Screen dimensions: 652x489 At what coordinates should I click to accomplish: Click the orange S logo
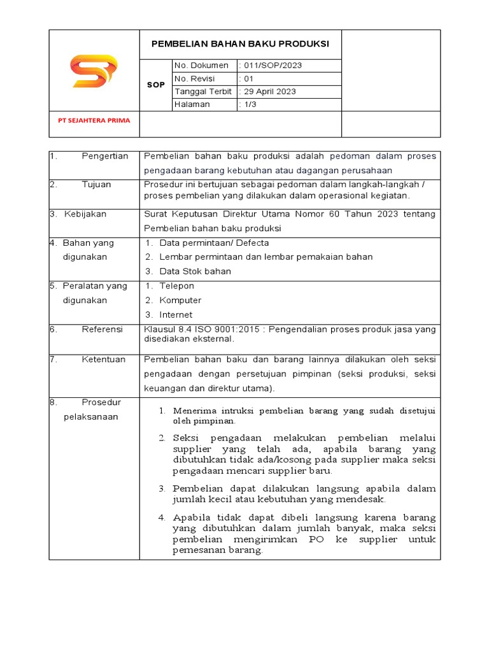94,71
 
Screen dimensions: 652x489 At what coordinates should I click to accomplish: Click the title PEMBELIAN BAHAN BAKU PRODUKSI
240,44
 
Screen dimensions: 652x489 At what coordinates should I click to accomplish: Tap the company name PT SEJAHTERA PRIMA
94,120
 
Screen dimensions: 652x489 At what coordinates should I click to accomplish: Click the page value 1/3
248,104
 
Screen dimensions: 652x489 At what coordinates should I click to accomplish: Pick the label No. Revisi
194,78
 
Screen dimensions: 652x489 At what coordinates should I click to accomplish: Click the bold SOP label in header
155,85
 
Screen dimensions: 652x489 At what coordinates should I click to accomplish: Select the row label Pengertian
105,156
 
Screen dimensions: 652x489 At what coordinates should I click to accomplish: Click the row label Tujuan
96,185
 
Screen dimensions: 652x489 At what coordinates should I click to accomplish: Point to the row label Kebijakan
85,214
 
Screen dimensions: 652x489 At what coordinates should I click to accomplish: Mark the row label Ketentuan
103,360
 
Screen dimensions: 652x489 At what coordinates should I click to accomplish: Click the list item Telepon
176,287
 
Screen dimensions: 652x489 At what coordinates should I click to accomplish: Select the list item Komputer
180,301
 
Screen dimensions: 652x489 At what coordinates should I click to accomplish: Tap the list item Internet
176,315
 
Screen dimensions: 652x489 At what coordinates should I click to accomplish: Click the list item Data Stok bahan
195,271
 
